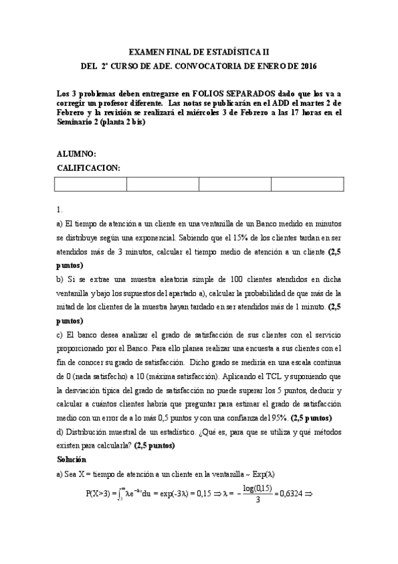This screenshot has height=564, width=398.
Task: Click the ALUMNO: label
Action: pos(77,154)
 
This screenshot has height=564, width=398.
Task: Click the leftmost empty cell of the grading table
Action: pos(90,184)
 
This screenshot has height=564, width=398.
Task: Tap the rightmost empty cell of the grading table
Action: pos(307,184)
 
